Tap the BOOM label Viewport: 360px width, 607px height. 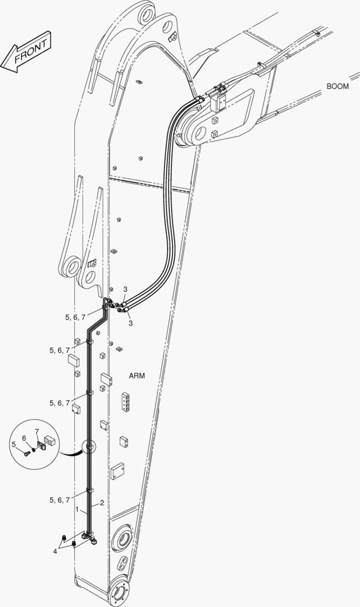[338, 87]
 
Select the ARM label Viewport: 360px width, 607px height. [137, 375]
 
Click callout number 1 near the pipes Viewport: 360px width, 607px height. [78, 510]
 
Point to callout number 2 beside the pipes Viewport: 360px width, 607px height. [102, 503]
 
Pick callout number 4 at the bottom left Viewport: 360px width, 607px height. [55, 551]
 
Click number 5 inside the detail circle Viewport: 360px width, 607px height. [13, 445]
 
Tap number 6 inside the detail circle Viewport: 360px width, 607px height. [24, 438]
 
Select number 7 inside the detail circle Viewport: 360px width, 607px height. [37, 431]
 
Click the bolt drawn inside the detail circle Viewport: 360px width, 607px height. [26, 452]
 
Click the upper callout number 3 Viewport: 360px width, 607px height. [125, 289]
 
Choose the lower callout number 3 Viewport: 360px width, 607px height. [131, 323]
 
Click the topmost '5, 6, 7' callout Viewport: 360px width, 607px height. [75, 318]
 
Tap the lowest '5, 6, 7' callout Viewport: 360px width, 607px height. [60, 500]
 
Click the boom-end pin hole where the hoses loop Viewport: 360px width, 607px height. [200, 133]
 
